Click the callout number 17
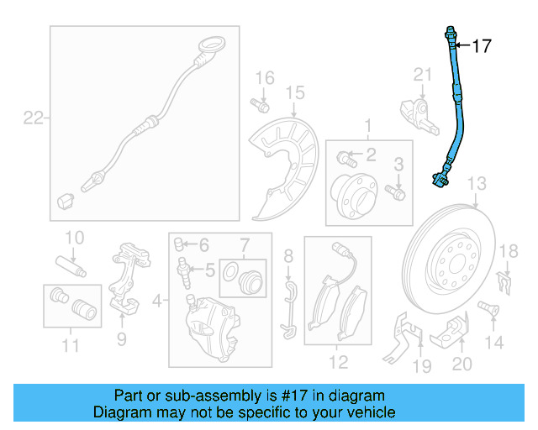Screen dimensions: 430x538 pyautogui.click(x=482, y=46)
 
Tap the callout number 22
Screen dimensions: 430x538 pyautogui.click(x=33, y=118)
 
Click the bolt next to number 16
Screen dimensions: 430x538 pyautogui.click(x=261, y=106)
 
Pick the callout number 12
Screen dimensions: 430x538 pyautogui.click(x=338, y=363)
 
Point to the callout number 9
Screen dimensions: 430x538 pyautogui.click(x=121, y=338)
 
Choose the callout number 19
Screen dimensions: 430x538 pyautogui.click(x=421, y=364)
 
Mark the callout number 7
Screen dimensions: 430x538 pyautogui.click(x=244, y=245)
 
